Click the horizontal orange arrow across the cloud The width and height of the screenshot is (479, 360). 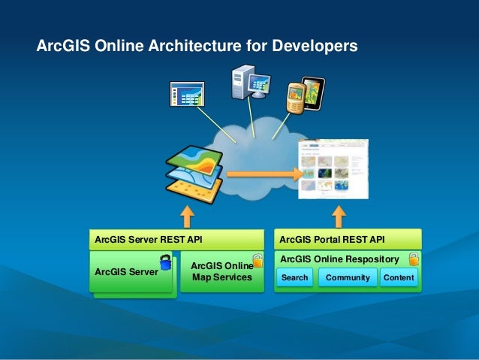pos(263,174)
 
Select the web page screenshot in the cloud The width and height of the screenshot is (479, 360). pos(336,169)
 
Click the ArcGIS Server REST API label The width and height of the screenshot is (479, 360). pos(149,240)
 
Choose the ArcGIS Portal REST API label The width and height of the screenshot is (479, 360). pos(332,240)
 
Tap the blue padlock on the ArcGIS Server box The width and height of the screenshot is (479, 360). pos(165,262)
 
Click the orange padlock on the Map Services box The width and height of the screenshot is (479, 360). pos(258,260)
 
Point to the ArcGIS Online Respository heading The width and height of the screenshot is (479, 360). pos(339,259)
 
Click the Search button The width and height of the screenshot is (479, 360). pos(294,278)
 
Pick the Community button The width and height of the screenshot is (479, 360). pos(348,278)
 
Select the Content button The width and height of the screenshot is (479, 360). pos(399,278)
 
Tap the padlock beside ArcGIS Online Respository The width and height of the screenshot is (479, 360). pos(414,259)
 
